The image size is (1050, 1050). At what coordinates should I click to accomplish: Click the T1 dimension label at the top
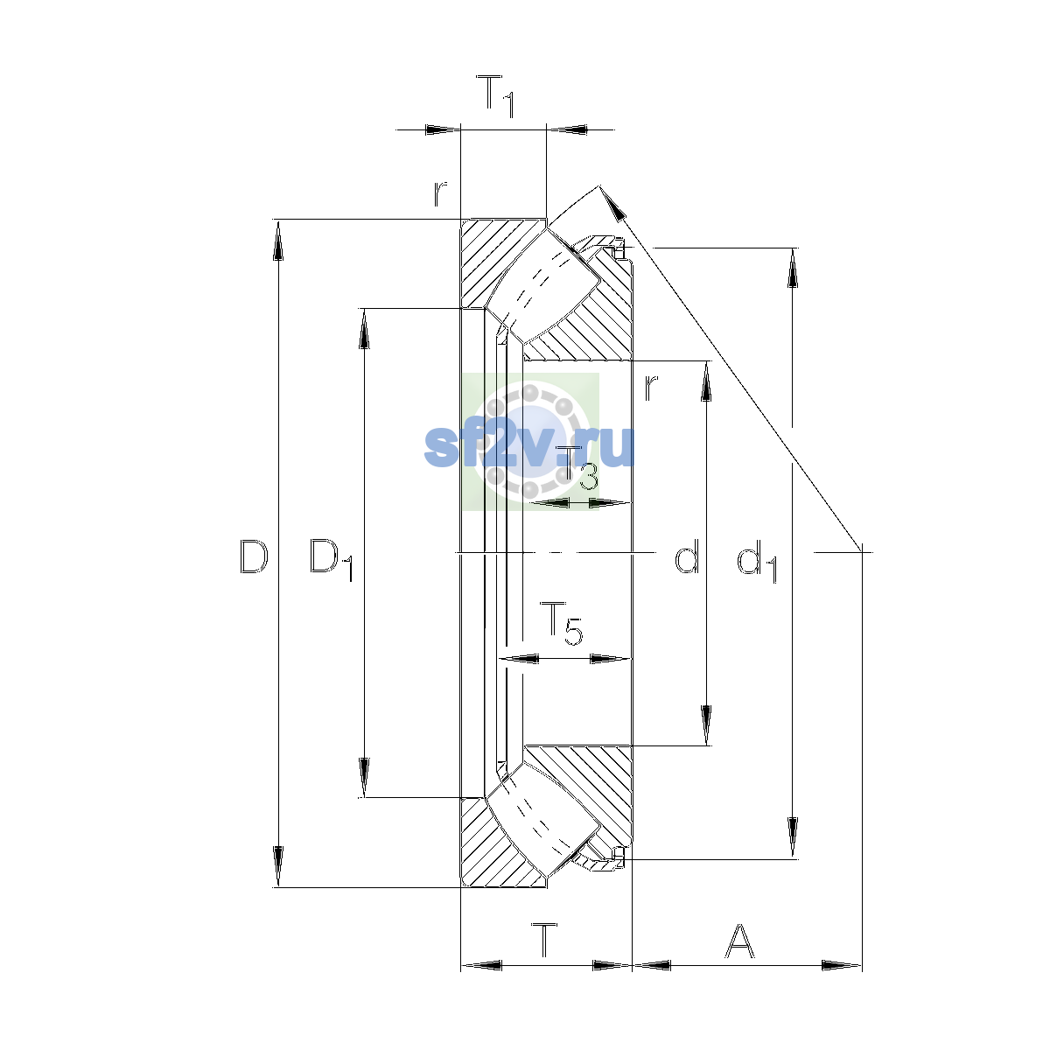point(494,96)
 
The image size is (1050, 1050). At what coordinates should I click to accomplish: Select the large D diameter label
point(254,556)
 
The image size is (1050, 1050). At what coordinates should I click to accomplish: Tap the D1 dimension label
point(332,560)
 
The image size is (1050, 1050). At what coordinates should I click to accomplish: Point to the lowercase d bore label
point(687,556)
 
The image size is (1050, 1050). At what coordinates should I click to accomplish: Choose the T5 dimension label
point(561,623)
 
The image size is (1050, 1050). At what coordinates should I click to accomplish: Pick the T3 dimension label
point(577,469)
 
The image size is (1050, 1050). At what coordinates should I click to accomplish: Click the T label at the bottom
point(544,941)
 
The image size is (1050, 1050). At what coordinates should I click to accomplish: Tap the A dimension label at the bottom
point(740,941)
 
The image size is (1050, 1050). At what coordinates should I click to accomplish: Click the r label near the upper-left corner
point(440,194)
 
